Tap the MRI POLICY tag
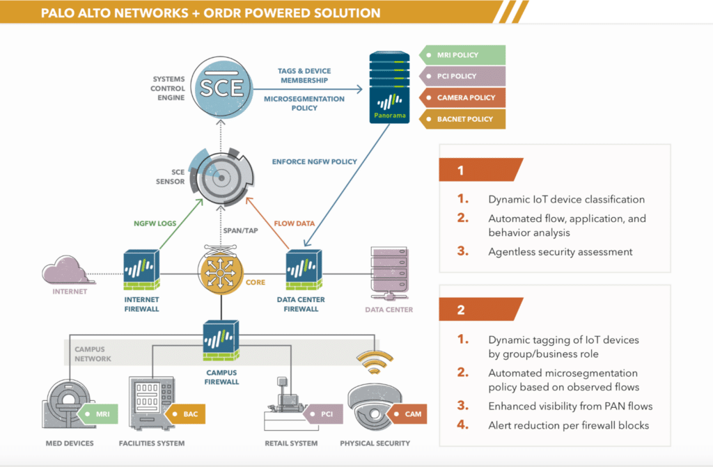462,55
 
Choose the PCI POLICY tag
462,76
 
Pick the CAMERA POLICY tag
462,97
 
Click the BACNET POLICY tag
462,119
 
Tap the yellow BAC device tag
186,414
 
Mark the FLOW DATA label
291,223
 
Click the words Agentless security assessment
561,252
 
